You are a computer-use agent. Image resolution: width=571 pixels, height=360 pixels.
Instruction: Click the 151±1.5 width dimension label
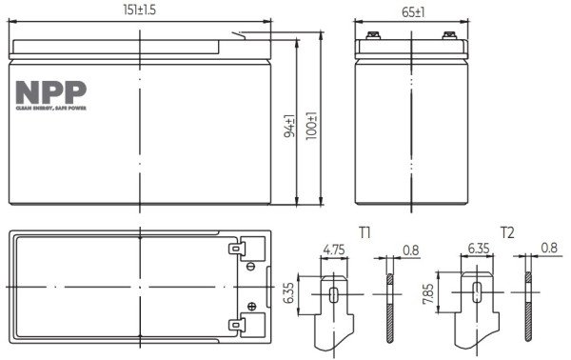[139, 10]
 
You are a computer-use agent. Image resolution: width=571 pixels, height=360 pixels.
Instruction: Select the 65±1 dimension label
[413, 12]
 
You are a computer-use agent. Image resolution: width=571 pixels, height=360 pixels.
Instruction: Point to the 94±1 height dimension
[289, 127]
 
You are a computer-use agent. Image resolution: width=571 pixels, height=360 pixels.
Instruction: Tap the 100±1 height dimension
[312, 126]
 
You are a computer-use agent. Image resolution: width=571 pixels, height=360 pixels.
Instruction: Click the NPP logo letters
[51, 92]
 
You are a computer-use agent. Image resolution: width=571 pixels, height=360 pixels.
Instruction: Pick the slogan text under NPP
[51, 109]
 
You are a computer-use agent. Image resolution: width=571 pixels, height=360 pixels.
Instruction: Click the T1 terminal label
[364, 232]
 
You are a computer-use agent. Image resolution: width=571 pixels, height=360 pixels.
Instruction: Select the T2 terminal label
[507, 232]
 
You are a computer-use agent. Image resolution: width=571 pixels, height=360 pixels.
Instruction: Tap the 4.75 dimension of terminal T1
[334, 250]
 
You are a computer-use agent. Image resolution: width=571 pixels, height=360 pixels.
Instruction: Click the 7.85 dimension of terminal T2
[428, 294]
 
